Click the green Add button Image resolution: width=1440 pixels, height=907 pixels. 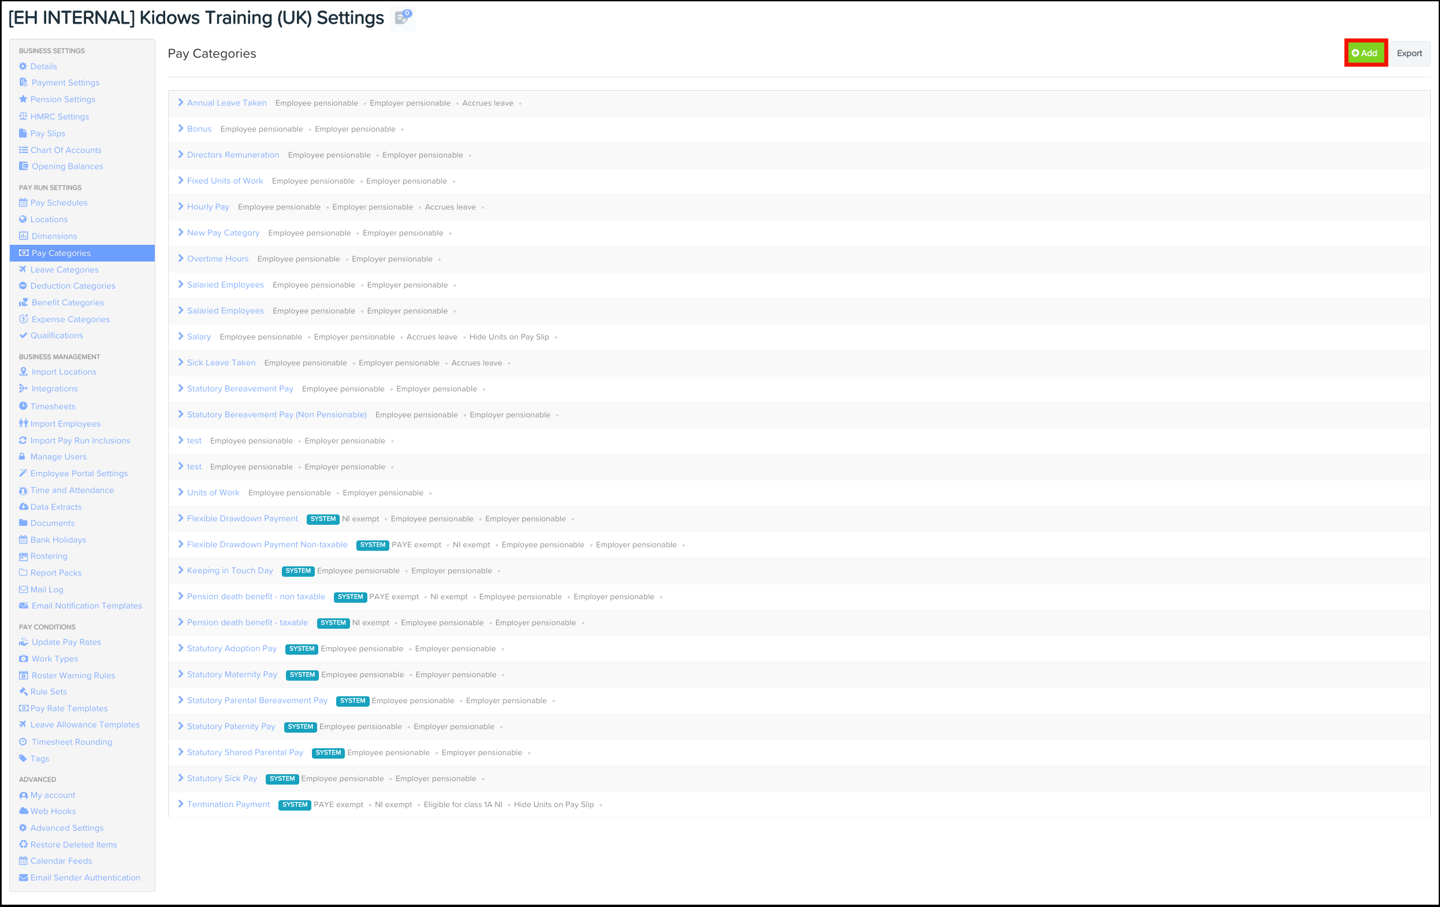pos(1365,53)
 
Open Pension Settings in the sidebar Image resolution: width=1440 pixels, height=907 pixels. pos(63,99)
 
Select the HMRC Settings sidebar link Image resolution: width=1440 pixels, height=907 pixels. pos(60,117)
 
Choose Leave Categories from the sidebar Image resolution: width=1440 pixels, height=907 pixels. pos(65,270)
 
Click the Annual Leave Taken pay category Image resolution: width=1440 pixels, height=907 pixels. pos(226,103)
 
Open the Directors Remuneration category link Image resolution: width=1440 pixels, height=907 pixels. pos(233,155)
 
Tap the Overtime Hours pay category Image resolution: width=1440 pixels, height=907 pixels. pos(218,259)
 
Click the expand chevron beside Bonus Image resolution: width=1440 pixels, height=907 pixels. pos(181,129)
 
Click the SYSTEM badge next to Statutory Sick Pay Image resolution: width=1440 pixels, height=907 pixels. pos(282,778)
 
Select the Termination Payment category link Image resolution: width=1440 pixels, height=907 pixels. pos(228,804)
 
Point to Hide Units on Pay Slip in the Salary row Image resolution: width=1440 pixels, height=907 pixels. pos(509,337)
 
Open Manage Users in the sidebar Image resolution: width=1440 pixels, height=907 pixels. pos(58,457)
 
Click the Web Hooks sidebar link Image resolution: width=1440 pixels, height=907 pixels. pos(53,811)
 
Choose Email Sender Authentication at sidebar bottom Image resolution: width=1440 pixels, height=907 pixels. pos(85,878)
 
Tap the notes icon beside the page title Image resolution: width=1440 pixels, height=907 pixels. pos(403,18)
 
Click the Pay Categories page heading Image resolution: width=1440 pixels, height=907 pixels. pos(211,54)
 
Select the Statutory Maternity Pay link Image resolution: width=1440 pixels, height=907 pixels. pos(232,674)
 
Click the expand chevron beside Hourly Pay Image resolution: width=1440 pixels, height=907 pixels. pos(181,206)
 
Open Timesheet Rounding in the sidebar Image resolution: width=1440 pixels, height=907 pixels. pos(72,742)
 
